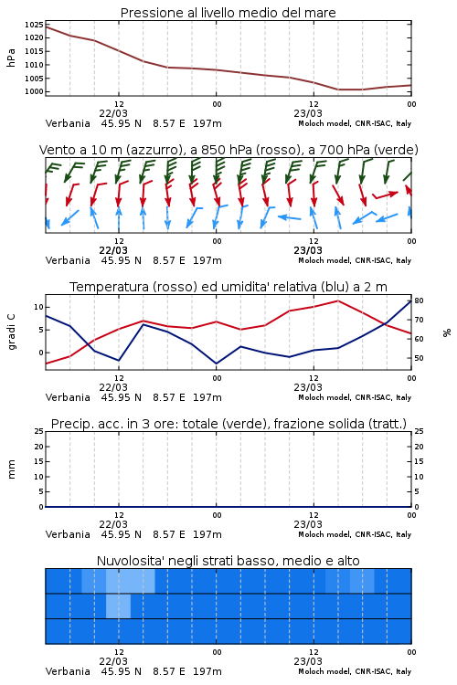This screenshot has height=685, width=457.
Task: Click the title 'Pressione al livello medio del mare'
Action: click(228, 13)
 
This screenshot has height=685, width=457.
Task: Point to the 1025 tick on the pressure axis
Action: click(34, 25)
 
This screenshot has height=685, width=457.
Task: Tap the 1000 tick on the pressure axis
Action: click(34, 91)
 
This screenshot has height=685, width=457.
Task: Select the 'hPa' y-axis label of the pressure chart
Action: click(11, 58)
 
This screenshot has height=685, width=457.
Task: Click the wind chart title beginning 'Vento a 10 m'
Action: click(228, 150)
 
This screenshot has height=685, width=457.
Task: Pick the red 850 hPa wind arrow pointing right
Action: click(385, 195)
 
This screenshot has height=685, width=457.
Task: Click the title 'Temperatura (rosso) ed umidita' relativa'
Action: click(228, 287)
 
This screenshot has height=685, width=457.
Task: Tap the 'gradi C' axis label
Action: click(12, 332)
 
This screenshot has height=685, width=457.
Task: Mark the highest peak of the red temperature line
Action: click(337, 300)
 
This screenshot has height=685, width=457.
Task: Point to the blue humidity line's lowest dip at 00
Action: click(216, 364)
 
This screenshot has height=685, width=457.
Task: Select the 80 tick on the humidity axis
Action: click(419, 300)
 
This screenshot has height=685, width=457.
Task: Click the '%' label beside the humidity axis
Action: click(447, 332)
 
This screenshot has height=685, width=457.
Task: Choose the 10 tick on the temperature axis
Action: click(38, 307)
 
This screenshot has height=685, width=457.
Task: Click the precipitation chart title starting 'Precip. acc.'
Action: click(228, 424)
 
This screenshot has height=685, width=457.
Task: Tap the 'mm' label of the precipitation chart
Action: click(11, 469)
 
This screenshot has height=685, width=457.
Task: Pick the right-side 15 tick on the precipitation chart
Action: click(419, 461)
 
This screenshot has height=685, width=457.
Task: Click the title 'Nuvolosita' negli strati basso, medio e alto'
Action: click(228, 561)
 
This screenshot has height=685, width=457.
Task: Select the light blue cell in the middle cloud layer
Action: click(118, 606)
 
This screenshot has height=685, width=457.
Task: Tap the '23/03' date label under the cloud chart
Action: click(308, 661)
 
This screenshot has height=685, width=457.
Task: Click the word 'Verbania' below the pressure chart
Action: click(68, 123)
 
